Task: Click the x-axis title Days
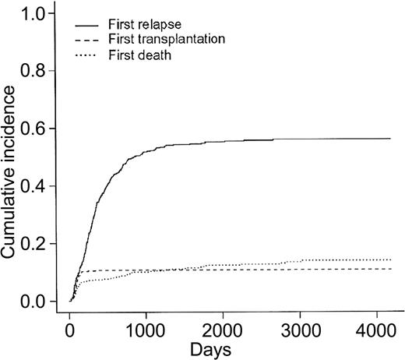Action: [x=221, y=348]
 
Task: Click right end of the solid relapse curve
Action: [x=389, y=139]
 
